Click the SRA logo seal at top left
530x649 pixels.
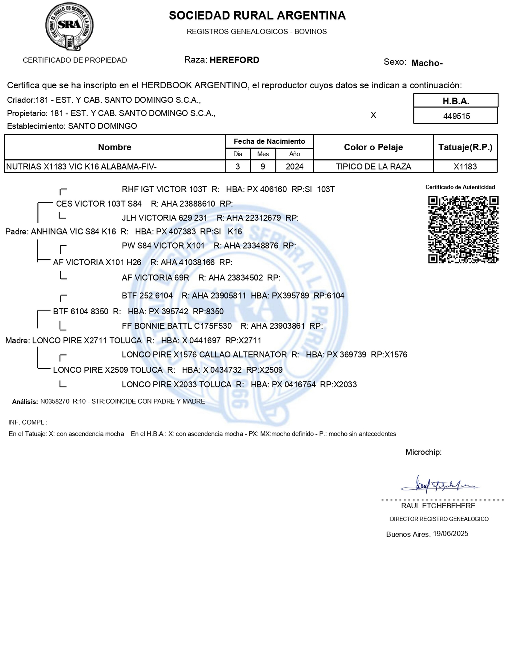point(69,26)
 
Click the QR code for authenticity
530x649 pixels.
point(463,229)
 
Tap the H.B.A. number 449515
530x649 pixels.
point(456,116)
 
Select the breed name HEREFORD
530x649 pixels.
point(234,60)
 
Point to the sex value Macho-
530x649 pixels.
point(427,63)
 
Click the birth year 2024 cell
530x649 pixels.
point(294,167)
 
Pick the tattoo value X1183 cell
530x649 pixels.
point(465,167)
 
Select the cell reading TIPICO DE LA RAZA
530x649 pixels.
point(373,167)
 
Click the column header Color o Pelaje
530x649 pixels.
point(373,147)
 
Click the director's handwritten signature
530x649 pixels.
point(439,484)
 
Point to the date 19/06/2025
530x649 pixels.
point(450,534)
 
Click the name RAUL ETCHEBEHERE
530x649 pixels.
point(438,506)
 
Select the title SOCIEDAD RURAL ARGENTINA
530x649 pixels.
point(257,16)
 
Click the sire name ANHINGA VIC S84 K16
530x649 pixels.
point(73,232)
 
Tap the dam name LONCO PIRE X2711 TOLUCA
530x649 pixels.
point(87,341)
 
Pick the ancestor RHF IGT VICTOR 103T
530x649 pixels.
point(164,189)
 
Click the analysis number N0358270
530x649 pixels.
point(55,401)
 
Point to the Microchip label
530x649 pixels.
point(423,452)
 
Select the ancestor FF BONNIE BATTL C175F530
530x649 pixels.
point(177,326)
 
